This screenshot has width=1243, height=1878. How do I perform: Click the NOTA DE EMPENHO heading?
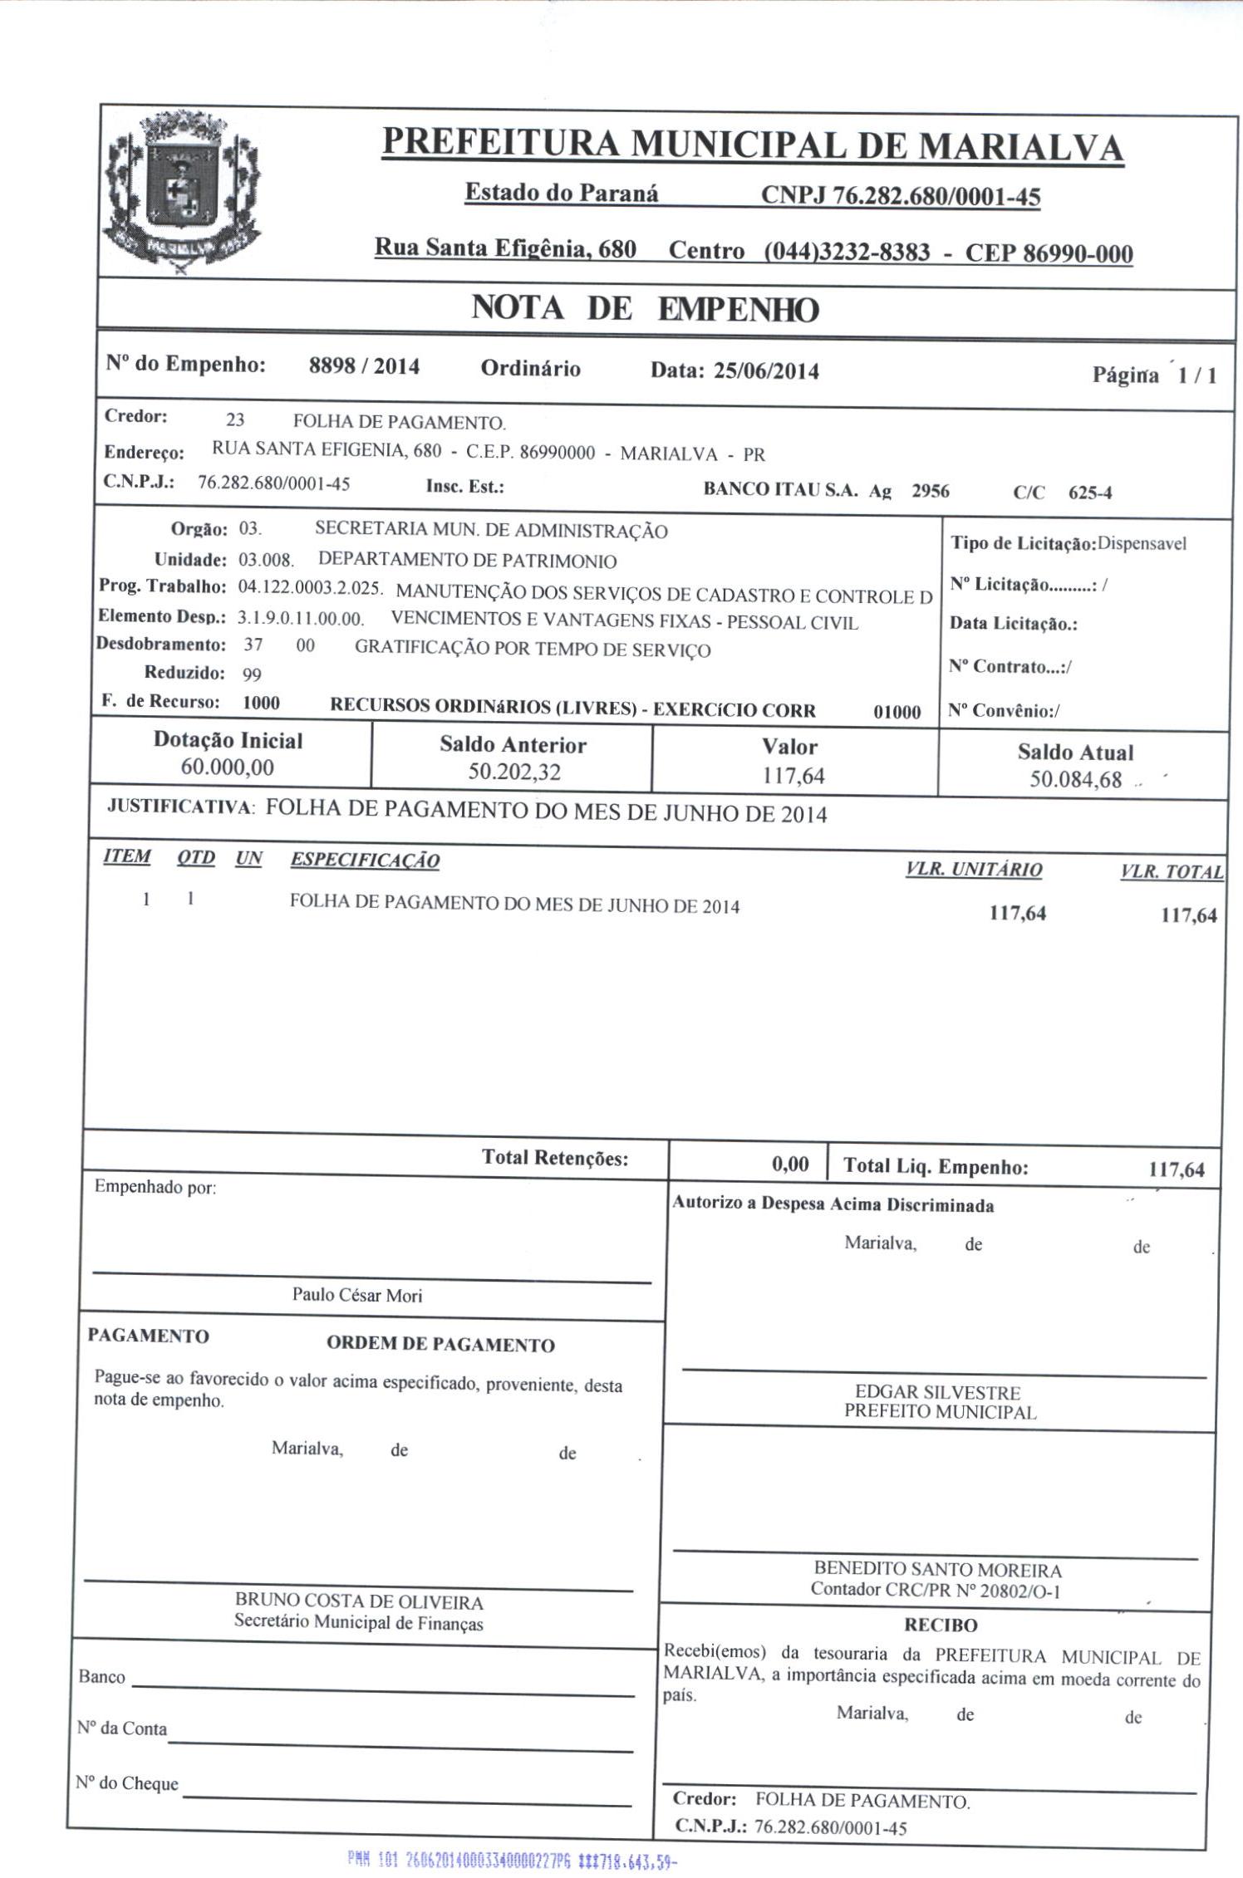pos(645,309)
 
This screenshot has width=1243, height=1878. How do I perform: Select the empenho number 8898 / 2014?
pos(364,366)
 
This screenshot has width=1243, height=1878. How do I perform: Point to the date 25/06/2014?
pos(765,371)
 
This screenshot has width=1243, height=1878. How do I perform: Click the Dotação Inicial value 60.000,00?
pos(227,767)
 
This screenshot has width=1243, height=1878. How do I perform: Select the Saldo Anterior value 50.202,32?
pos(513,772)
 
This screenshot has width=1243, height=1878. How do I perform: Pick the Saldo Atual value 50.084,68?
pos(1075,780)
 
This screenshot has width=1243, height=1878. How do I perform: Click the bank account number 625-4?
pos(1089,493)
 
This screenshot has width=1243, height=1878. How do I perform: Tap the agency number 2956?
pos(930,491)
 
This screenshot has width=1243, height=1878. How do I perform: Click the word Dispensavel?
pos(1142,544)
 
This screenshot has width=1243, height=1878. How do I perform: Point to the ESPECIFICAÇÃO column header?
pos(365,861)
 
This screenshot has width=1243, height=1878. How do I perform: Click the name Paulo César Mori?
pos(357,1295)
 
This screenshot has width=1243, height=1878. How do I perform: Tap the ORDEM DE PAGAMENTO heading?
pos(440,1345)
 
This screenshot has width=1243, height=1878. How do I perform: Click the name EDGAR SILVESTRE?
pos(938,1393)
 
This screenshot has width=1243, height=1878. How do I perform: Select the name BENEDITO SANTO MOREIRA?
pos(937,1570)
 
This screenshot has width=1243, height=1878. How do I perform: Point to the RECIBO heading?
pos(941,1625)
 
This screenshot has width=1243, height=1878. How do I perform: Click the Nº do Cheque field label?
pos(127,1784)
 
